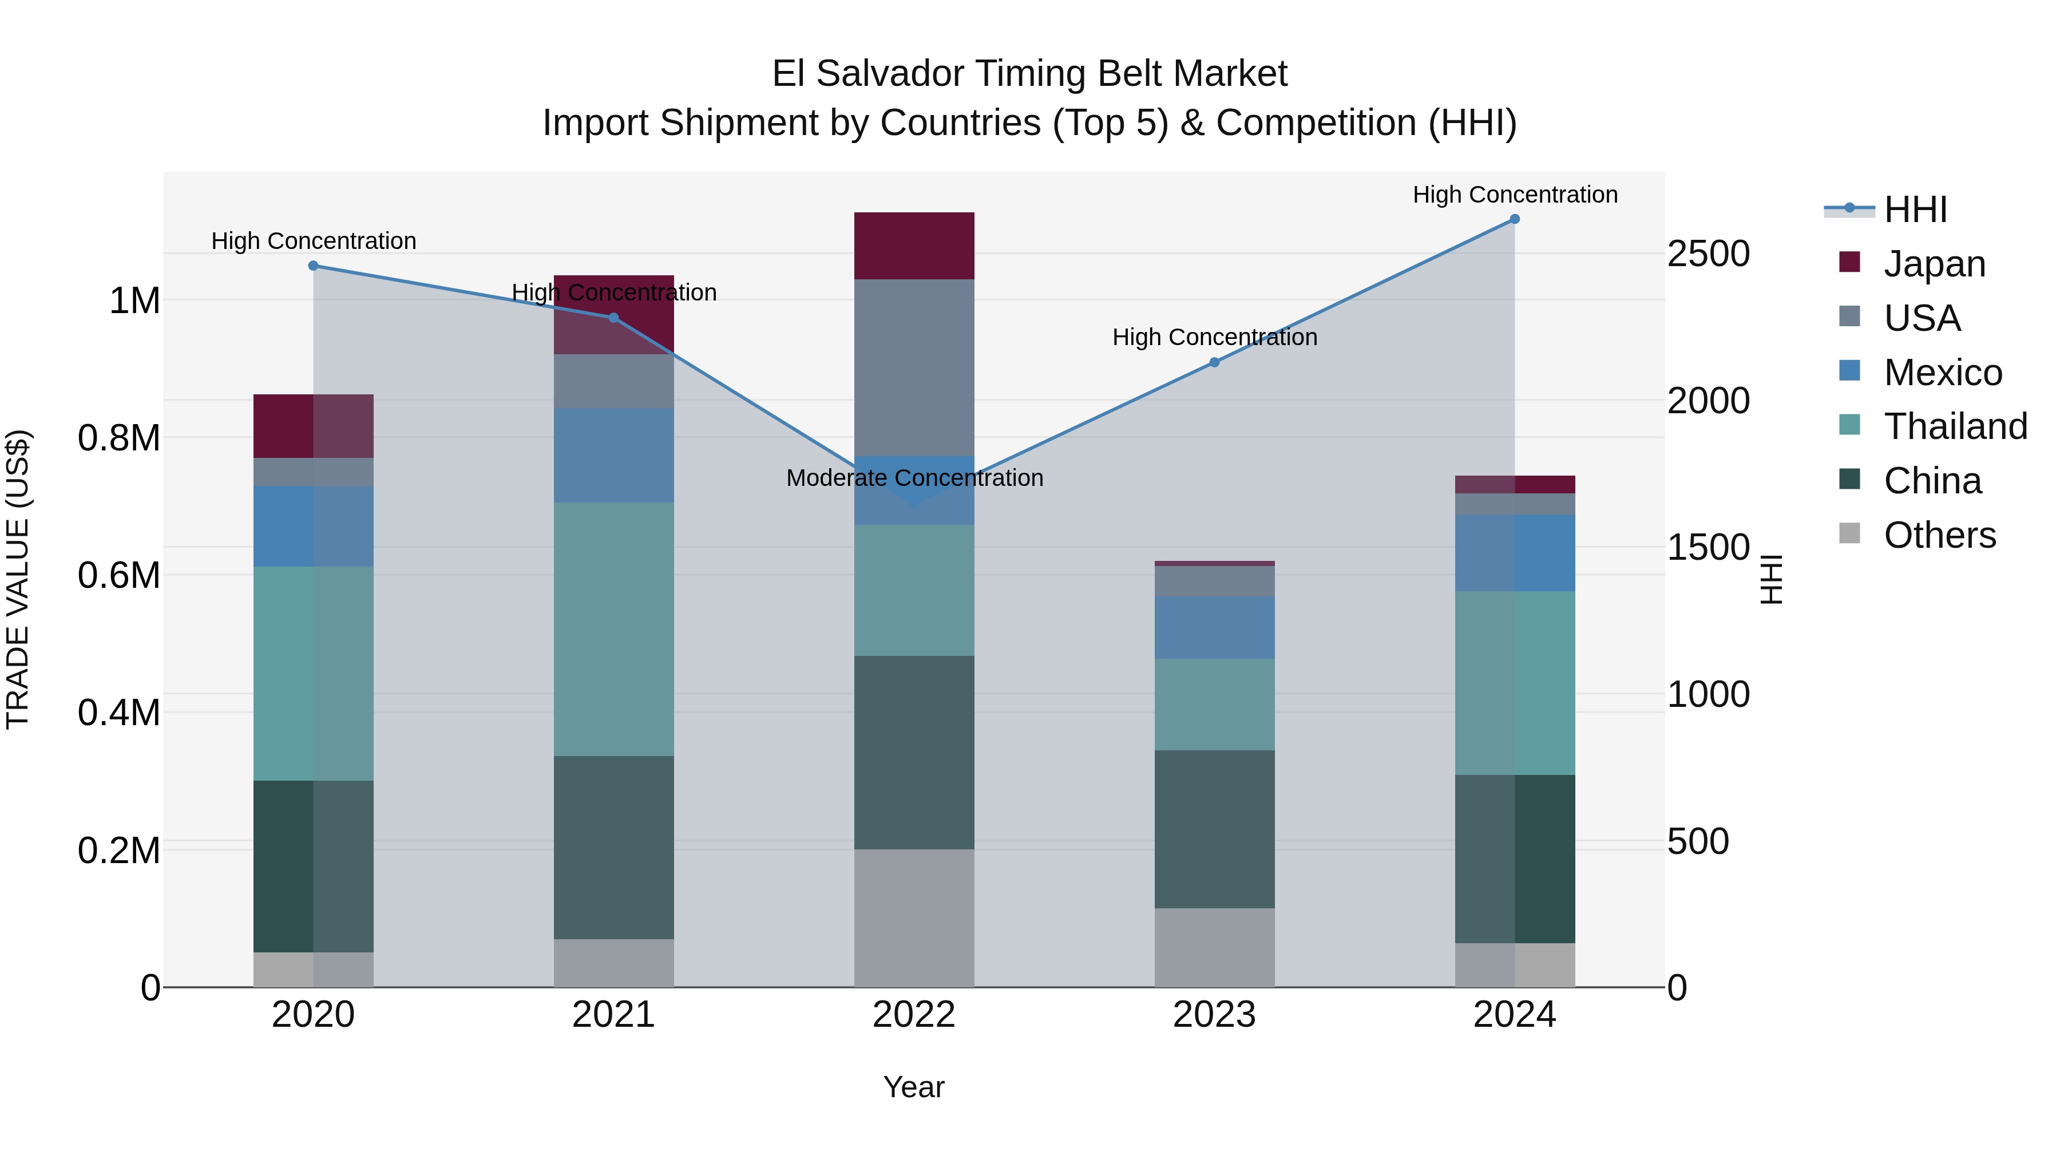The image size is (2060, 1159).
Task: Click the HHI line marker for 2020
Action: tap(314, 266)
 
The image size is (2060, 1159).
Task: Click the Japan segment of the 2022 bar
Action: tap(914, 246)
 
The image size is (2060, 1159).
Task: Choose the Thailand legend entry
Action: tap(1955, 426)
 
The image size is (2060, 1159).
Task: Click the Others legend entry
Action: tap(1939, 535)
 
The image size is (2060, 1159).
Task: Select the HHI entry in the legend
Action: tap(1915, 209)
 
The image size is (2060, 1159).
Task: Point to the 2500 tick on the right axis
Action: tap(1708, 254)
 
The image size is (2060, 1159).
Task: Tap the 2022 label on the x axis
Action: tap(914, 1015)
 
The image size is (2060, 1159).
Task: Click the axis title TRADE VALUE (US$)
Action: tap(18, 579)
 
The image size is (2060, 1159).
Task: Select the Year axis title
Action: tap(913, 1087)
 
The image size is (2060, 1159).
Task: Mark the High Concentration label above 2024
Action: tap(1515, 195)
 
